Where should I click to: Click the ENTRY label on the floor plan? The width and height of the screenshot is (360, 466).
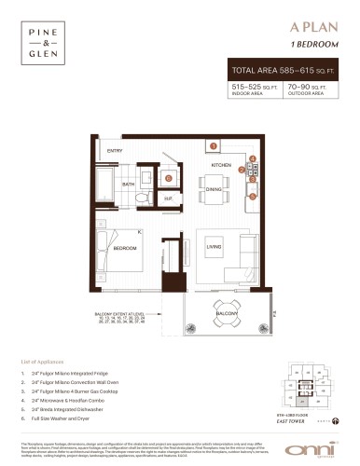115,151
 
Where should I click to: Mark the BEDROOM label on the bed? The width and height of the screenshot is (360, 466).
127,249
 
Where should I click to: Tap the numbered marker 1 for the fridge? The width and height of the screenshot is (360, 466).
213,146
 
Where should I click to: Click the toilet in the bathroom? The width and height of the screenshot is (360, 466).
140,199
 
